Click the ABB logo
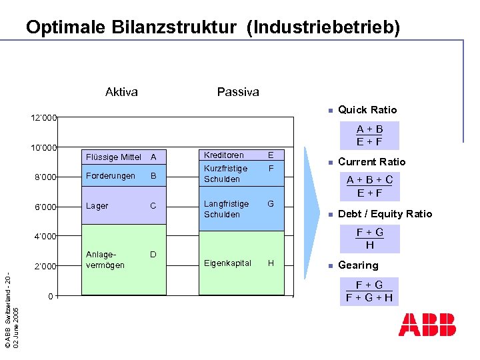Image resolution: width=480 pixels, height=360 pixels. click(427, 324)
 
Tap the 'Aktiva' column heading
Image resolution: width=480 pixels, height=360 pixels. click(121, 92)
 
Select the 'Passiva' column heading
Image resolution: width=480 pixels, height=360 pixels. click(238, 92)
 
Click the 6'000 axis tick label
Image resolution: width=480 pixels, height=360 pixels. click(45, 207)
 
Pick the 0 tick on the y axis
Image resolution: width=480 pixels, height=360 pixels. click(51, 295)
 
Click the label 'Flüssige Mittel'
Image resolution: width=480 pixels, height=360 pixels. click(113, 157)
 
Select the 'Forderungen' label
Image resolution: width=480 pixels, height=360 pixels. click(111, 176)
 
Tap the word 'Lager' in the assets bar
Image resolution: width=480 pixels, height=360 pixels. click(97, 206)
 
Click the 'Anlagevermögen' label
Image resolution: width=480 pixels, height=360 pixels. click(105, 259)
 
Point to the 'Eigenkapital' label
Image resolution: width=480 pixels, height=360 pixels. click(227, 263)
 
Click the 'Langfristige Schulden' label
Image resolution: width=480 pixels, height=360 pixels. click(226, 209)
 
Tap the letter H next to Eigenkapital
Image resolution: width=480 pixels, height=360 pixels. click(271, 263)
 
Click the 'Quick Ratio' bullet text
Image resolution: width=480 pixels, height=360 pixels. click(367, 110)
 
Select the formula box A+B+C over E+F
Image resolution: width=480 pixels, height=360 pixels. click(369, 187)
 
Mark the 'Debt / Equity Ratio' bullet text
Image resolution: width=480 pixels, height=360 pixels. click(385, 214)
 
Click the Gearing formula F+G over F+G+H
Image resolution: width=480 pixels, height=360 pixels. click(369, 291)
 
